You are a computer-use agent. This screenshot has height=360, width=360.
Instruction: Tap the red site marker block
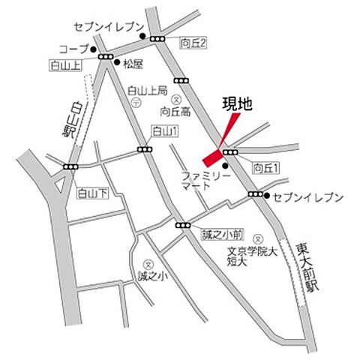pos(212,157)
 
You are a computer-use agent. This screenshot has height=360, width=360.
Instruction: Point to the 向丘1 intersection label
pos(265,167)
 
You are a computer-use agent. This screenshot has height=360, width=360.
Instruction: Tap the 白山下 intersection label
pos(93,193)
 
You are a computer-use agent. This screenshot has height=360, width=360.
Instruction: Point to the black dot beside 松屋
pos(117,63)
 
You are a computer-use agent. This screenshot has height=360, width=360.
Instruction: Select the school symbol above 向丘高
pos(178,98)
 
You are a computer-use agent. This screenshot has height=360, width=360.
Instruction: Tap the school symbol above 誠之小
pos(148,264)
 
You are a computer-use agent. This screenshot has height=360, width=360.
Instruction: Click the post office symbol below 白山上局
pos(135,104)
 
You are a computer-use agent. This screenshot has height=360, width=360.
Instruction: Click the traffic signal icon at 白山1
pos(143,150)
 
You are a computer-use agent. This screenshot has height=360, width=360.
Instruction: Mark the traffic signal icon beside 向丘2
pos(157,37)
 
